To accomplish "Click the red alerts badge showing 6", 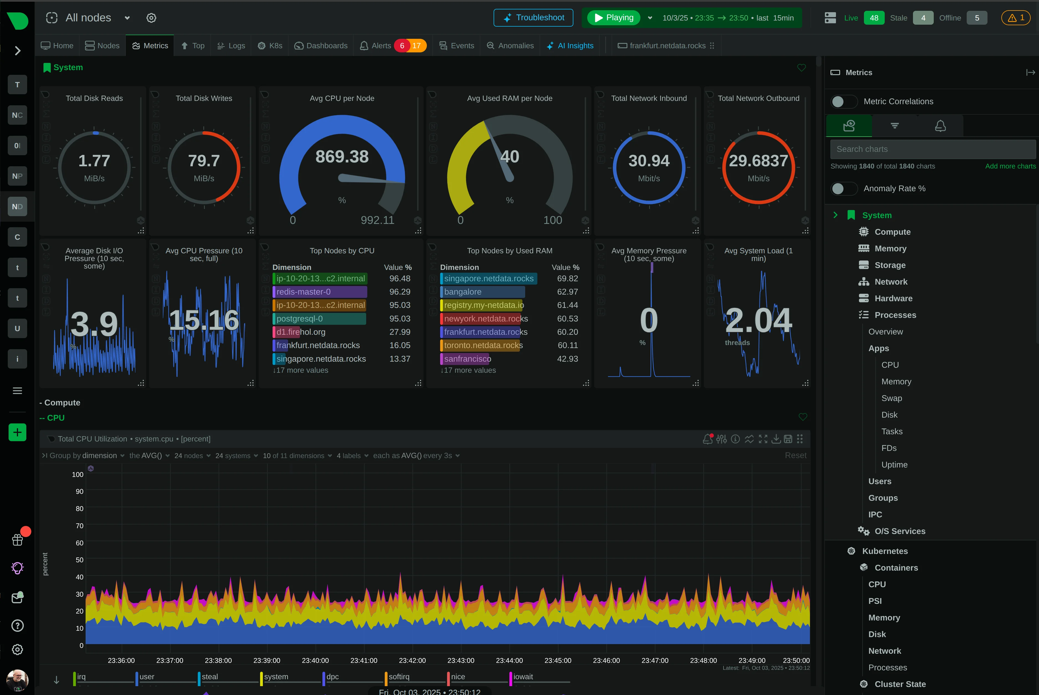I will [402, 46].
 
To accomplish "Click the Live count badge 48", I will [874, 18].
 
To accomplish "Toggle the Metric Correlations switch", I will [844, 101].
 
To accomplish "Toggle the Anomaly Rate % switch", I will [844, 188].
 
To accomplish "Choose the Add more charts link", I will [1010, 166].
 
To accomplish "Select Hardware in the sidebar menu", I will [893, 298].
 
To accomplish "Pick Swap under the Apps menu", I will [891, 398].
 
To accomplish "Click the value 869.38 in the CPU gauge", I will [342, 157].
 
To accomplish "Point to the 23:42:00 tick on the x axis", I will [412, 660].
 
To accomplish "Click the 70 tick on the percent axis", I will [79, 526].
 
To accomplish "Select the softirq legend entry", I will [399, 677].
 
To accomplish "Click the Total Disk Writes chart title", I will [204, 98].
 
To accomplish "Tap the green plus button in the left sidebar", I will [17, 432].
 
